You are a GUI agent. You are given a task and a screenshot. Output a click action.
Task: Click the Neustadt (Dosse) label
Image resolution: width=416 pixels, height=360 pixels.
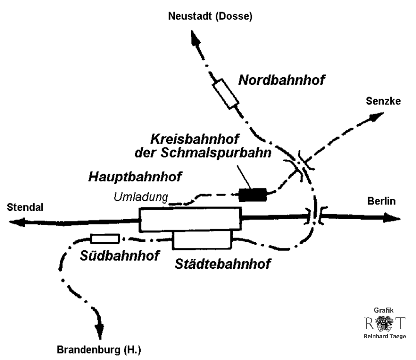210,17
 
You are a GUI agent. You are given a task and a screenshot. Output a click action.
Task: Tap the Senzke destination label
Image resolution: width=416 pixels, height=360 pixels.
383,101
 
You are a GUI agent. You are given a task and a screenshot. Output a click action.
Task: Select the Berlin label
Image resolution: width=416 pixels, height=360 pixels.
382,201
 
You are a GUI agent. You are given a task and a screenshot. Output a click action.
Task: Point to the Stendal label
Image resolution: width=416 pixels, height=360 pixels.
25,207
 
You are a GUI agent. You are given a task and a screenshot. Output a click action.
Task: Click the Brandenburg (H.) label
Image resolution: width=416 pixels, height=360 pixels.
98,351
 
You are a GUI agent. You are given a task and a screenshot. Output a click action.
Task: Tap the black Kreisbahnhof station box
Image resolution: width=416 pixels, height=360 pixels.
253,195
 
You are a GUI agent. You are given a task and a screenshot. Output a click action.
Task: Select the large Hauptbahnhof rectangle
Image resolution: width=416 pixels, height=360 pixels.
191,220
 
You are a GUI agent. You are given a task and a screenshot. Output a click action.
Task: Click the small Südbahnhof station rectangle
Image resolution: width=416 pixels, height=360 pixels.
105,239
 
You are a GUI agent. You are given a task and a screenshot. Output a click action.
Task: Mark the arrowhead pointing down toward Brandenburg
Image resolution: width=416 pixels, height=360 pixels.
101,329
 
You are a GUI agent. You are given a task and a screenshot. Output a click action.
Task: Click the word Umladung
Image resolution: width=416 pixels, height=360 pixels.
141,197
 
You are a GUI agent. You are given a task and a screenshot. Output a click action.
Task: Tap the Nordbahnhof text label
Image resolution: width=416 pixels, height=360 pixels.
281,80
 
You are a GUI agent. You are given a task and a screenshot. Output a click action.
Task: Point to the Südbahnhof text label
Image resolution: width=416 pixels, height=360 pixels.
120,255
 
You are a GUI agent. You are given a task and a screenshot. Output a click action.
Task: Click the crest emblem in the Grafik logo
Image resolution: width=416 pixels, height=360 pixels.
384,324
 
